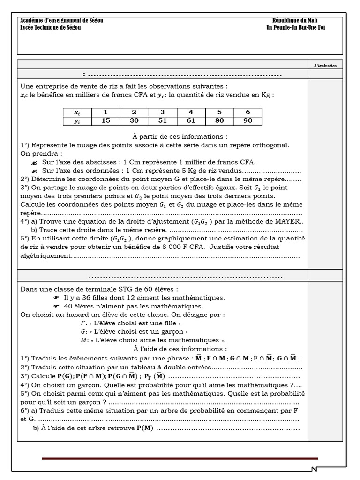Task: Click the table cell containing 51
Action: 162,120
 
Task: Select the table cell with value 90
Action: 248,120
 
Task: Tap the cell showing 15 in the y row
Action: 105,120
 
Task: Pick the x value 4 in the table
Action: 191,112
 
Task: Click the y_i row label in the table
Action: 77,120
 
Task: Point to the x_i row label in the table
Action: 77,112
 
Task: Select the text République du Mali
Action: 295,21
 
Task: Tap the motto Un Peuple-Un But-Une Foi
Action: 295,28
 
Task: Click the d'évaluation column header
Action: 325,66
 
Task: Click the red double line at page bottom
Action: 180,458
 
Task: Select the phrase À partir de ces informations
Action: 180,136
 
